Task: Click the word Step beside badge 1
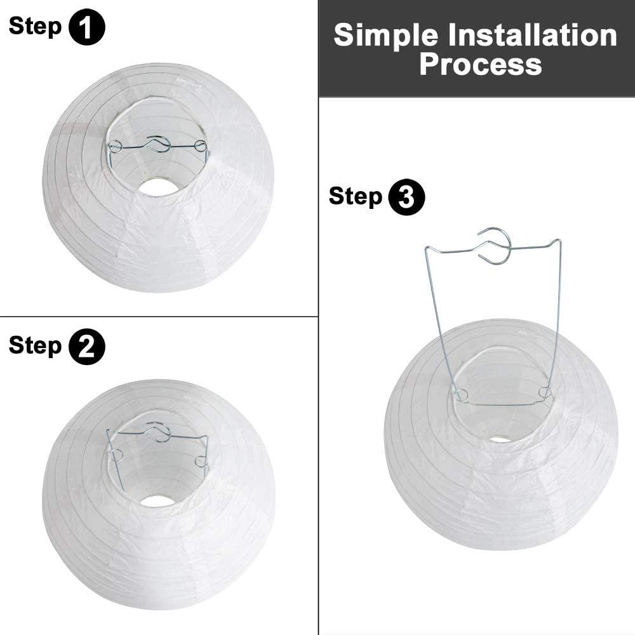click(x=36, y=27)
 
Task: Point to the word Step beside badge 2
click(x=36, y=346)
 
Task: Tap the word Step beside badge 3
click(x=356, y=197)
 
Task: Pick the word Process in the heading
click(x=481, y=64)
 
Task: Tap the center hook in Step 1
click(x=158, y=144)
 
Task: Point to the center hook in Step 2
click(x=158, y=432)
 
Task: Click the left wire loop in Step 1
click(x=115, y=147)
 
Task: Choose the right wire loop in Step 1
click(x=201, y=147)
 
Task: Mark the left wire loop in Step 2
click(x=116, y=455)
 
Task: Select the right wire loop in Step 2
click(x=201, y=461)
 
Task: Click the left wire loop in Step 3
click(x=461, y=396)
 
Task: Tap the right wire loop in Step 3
click(x=544, y=392)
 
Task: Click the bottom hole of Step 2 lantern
click(x=157, y=501)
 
